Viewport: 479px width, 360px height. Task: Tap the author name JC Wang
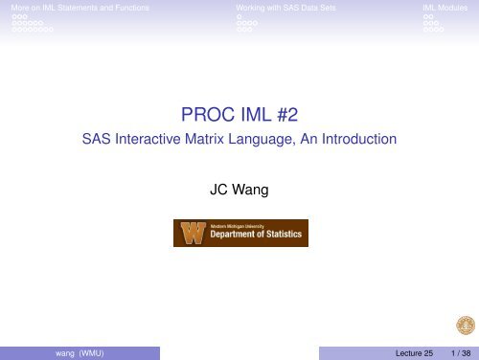point(239,190)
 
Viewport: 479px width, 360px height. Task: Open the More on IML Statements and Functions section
point(76,7)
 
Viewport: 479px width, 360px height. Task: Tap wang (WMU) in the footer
point(80,352)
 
